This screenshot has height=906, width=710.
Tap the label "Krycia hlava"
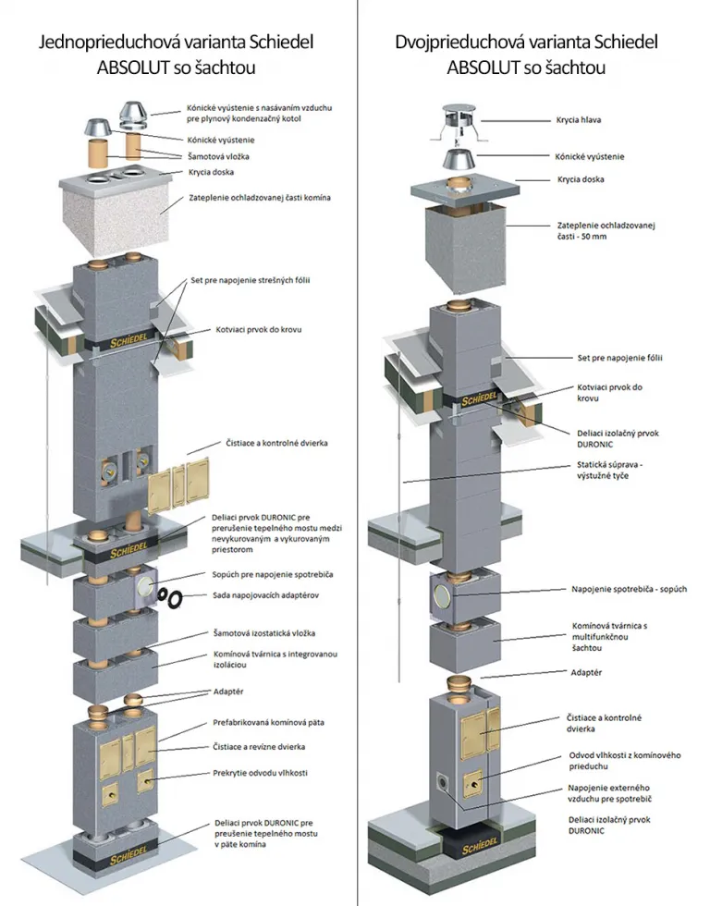coord(580,121)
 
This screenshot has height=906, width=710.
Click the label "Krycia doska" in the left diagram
coord(209,172)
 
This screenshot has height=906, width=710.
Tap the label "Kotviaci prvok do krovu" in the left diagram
coord(259,329)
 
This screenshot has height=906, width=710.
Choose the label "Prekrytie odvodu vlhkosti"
coord(261,771)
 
